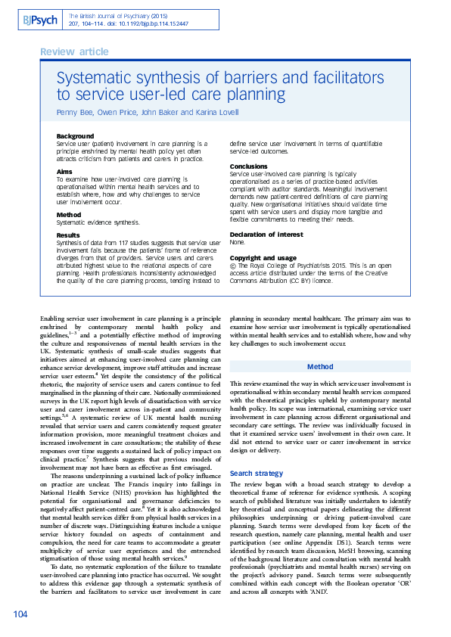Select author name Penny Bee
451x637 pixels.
pos(76,112)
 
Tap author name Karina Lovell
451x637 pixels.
pos(217,112)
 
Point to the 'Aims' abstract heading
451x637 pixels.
pos(65,172)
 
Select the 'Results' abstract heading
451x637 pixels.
pos(69,236)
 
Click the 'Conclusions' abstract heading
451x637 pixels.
pos(249,166)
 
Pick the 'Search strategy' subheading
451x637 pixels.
pos(257,473)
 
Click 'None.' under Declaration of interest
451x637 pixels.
pos(238,243)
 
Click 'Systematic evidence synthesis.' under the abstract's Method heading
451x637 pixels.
pos(98,222)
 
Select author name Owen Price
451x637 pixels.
pos(120,112)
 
